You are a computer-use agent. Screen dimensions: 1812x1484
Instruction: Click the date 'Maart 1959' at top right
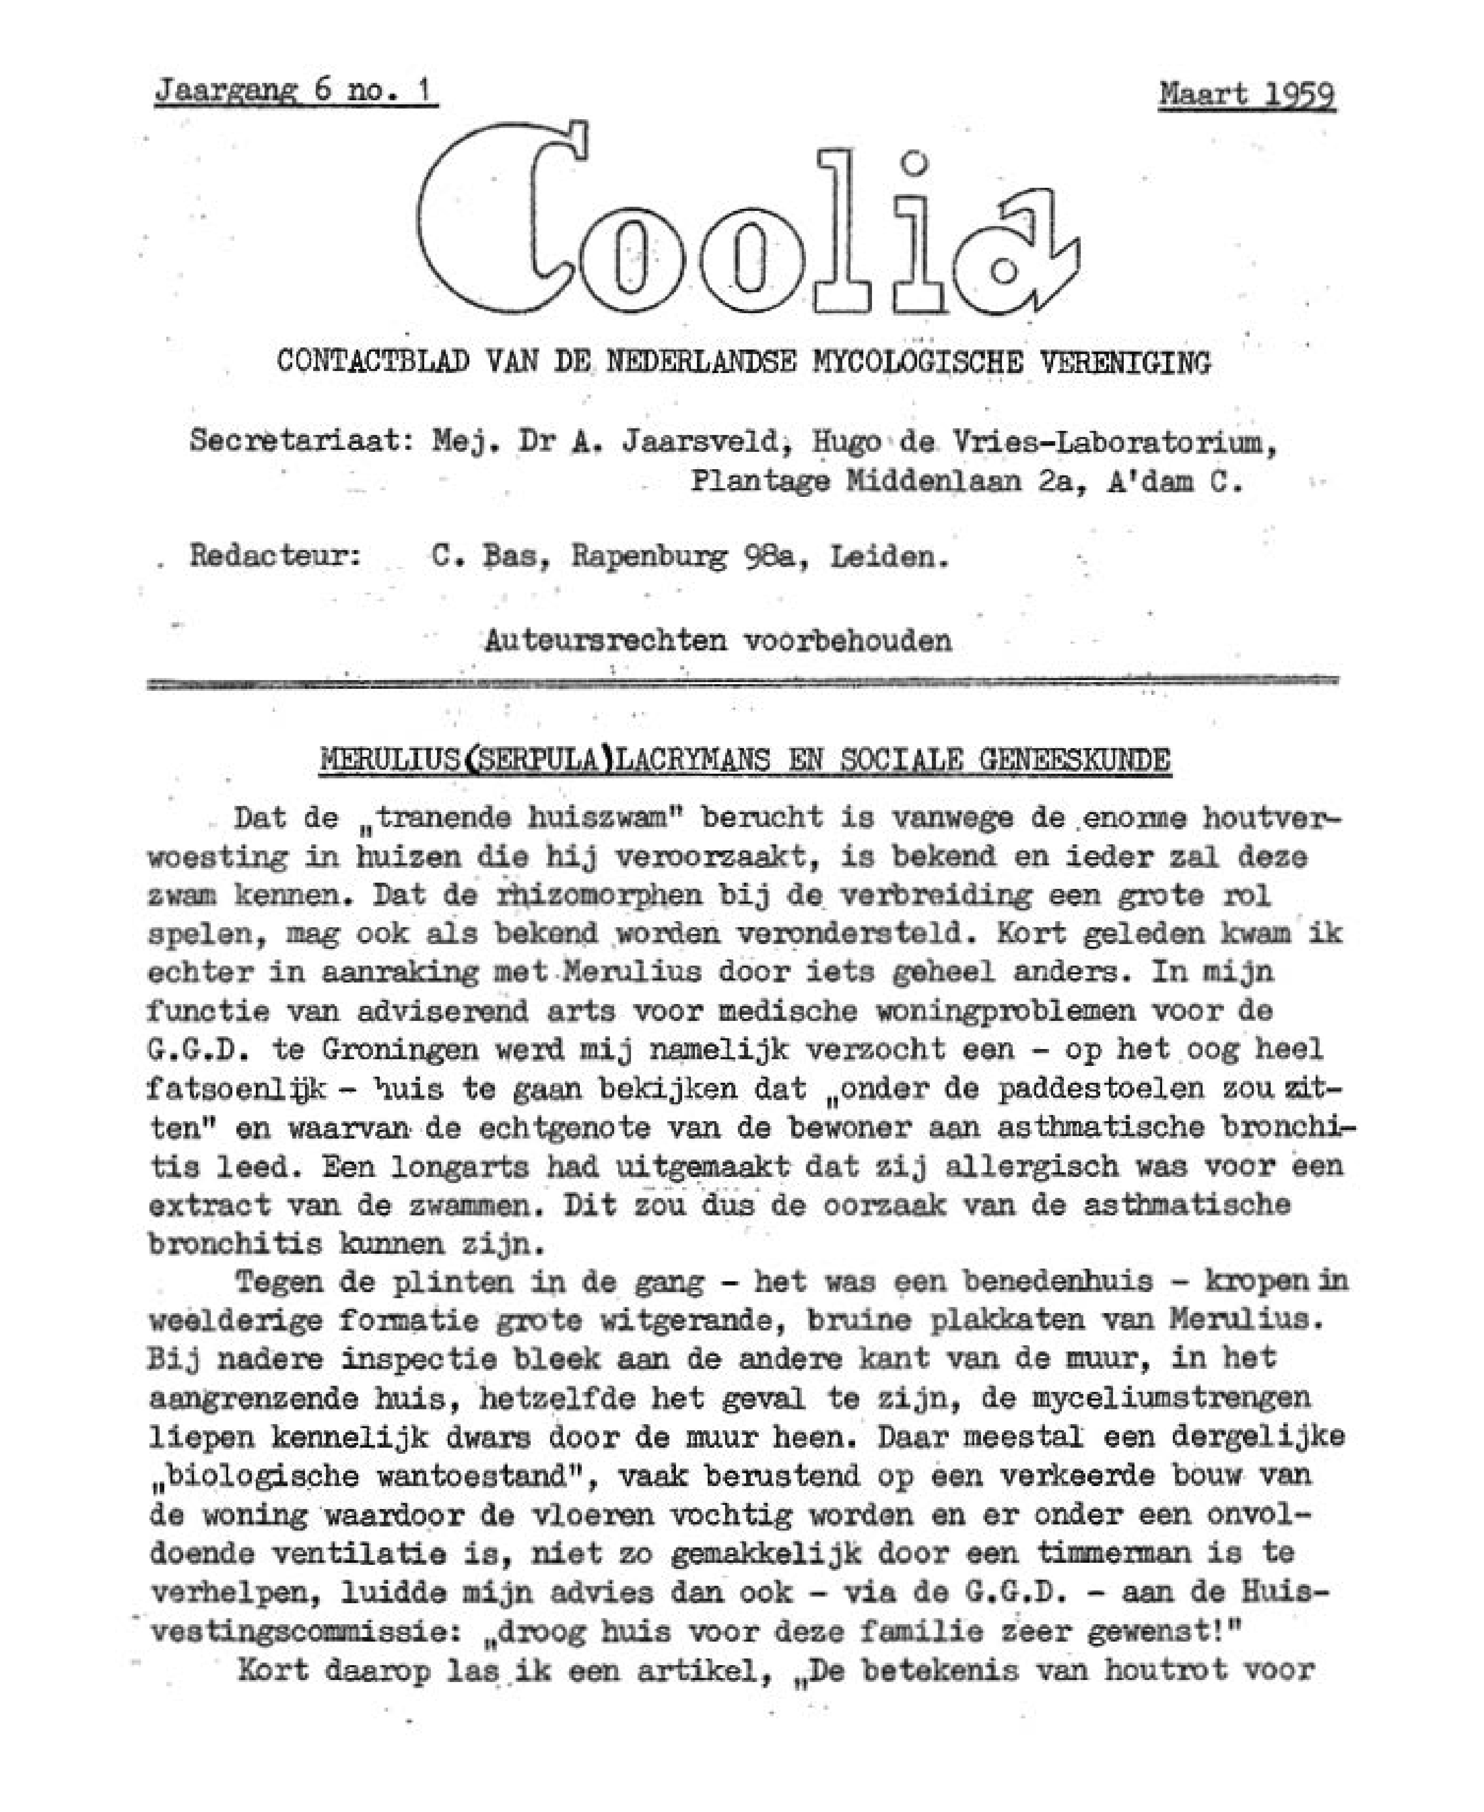click(1247, 94)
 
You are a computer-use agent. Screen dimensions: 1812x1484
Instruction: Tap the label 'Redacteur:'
click(274, 556)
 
